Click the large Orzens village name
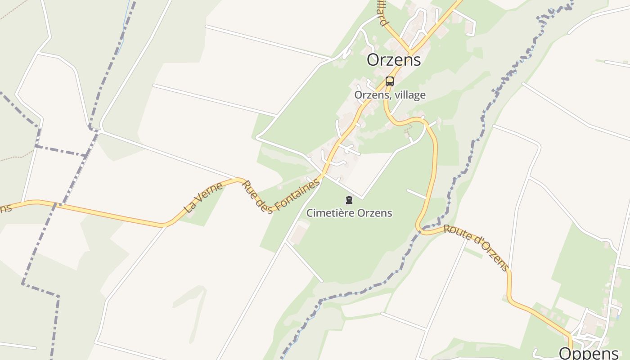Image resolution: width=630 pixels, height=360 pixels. coord(394,60)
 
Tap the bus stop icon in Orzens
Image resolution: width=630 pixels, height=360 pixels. coord(390,81)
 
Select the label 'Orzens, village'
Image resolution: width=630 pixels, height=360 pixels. coord(390,95)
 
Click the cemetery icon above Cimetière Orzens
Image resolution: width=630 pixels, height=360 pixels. coord(349,200)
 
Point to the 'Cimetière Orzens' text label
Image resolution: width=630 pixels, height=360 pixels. coord(349,213)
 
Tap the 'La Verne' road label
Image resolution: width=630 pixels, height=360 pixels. coord(203,197)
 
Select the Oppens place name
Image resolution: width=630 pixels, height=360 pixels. coord(589,352)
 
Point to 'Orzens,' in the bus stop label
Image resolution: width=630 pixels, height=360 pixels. coord(371,95)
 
